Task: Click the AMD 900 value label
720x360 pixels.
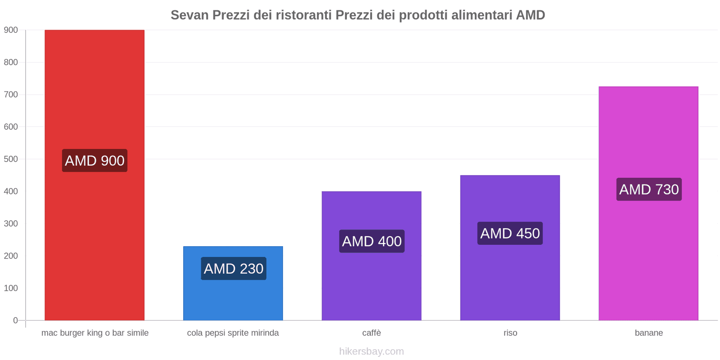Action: (x=94, y=161)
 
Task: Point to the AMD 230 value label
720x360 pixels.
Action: (x=234, y=269)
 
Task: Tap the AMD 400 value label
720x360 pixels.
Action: (x=372, y=241)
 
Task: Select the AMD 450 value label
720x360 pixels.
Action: (x=510, y=234)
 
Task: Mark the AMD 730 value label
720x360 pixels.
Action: (x=649, y=189)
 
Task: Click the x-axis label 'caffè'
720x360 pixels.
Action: (x=372, y=333)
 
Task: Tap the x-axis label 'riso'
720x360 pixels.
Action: (x=510, y=333)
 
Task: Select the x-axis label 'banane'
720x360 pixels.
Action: (x=649, y=333)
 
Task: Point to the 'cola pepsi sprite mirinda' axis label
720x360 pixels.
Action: (x=233, y=333)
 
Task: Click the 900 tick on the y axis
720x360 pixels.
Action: (x=11, y=30)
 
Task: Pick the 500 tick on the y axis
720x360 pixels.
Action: (x=11, y=159)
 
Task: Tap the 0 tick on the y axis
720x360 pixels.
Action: (x=15, y=320)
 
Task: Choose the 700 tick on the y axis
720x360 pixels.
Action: (x=11, y=94)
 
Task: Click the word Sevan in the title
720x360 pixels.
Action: (x=189, y=15)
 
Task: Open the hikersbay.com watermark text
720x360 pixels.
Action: (x=372, y=351)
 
